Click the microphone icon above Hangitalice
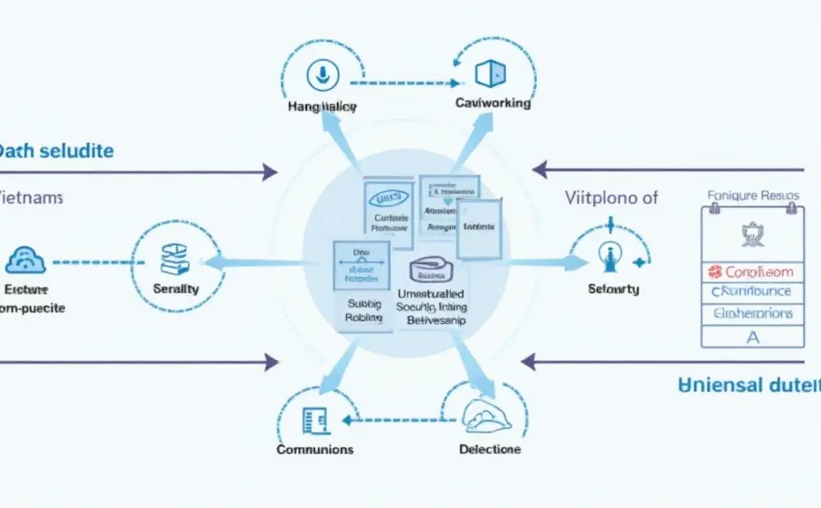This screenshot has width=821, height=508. point(321,74)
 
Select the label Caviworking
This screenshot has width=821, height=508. point(493,103)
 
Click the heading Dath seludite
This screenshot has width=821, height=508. point(56,151)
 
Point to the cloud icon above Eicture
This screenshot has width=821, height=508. point(26,260)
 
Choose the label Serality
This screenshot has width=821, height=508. point(176,288)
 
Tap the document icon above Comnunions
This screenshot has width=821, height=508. point(312,420)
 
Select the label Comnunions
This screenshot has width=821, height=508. point(315,449)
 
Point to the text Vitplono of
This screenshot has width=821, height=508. point(612,198)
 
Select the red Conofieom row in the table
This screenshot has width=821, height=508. point(752,273)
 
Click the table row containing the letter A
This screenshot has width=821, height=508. point(752,335)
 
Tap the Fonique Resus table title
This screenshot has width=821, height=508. point(753,196)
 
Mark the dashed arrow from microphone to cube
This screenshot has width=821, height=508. point(404,84)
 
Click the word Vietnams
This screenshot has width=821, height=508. point(31,198)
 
